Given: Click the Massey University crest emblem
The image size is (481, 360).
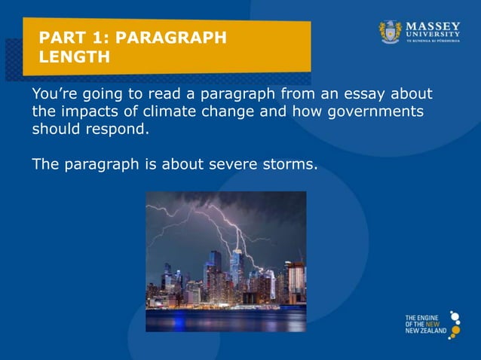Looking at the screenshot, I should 390,32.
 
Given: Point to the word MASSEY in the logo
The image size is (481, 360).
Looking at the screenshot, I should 433,26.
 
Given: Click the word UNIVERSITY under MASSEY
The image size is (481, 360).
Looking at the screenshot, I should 433,35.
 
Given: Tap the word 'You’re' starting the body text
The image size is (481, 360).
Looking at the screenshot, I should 54,94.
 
